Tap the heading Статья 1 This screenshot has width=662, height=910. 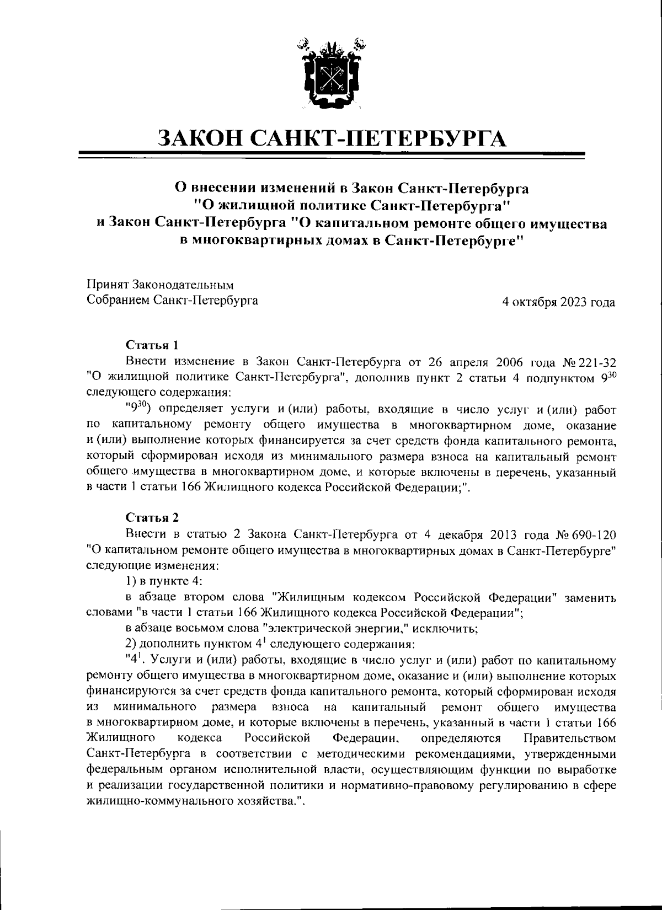coord(152,345)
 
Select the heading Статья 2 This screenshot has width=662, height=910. coord(152,518)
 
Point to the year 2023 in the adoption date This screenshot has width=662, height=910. coord(576,302)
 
